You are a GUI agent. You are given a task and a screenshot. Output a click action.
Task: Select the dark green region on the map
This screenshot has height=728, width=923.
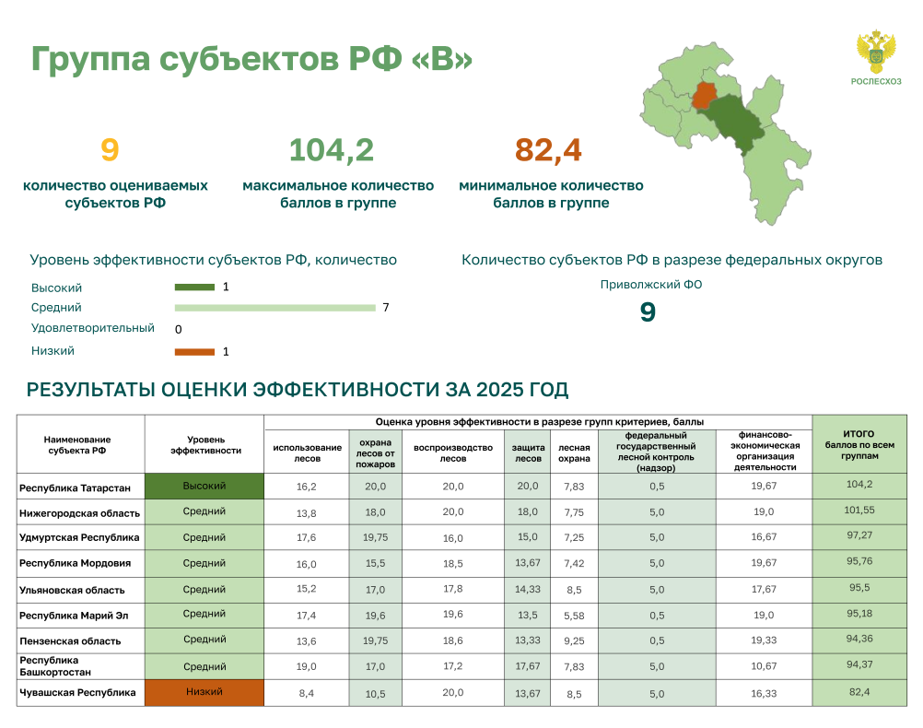pyautogui.click(x=733, y=123)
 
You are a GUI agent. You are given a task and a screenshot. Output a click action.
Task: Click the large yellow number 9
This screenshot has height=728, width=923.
pyautogui.click(x=110, y=149)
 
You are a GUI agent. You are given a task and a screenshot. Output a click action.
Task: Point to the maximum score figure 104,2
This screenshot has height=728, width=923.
pyautogui.click(x=332, y=149)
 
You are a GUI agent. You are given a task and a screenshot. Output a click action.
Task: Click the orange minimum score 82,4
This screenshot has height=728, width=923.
pyautogui.click(x=548, y=149)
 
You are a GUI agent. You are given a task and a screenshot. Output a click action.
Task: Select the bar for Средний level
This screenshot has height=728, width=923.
pyautogui.click(x=275, y=308)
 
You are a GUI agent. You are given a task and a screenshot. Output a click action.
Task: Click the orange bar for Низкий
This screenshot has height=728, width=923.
pyautogui.click(x=195, y=352)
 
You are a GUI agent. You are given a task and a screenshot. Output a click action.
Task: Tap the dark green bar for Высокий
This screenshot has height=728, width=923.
pyautogui.click(x=195, y=288)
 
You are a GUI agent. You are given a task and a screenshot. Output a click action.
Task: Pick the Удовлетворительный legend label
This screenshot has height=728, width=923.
pyautogui.click(x=93, y=328)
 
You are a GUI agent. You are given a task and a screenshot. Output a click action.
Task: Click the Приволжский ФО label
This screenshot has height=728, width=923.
pyautogui.click(x=651, y=285)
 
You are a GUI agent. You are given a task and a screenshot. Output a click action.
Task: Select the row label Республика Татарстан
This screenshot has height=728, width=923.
pyautogui.click(x=76, y=488)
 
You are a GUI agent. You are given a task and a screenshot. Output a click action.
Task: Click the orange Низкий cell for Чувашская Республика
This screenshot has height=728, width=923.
pyautogui.click(x=204, y=693)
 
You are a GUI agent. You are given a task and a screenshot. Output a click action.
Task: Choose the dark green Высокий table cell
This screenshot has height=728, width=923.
pyautogui.click(x=204, y=486)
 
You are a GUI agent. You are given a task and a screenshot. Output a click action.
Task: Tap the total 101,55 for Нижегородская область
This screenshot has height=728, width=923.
pyautogui.click(x=859, y=511)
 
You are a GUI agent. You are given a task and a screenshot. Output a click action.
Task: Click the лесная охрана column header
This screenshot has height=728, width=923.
pyautogui.click(x=574, y=453)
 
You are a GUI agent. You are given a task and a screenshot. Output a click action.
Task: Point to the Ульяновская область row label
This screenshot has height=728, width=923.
pyautogui.click(x=73, y=590)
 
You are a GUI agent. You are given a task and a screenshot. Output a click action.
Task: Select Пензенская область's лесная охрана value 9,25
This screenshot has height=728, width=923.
pyautogui.click(x=574, y=640)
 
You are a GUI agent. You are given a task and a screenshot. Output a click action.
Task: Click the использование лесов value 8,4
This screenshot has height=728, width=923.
pyautogui.click(x=306, y=693)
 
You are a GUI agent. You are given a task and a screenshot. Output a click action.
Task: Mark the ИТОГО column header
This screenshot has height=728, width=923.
pyautogui.click(x=859, y=444)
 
